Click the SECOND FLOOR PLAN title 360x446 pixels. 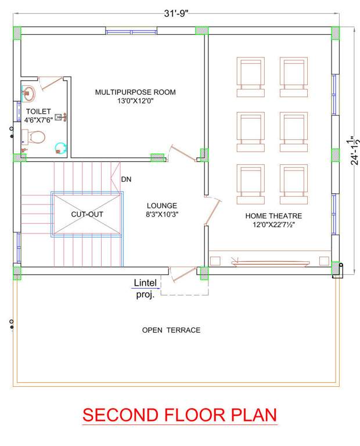pyautogui.click(x=179, y=415)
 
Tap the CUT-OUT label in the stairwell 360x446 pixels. pyautogui.click(x=87, y=214)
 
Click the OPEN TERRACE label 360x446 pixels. pyautogui.click(x=171, y=330)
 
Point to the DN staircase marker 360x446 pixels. pyautogui.click(x=126, y=179)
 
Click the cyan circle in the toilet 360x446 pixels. pyautogui.click(x=60, y=148)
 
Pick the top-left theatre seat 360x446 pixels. pyautogui.click(x=250, y=76)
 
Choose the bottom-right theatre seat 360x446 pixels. pyautogui.click(x=293, y=184)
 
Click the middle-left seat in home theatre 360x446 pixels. pyautogui.click(x=250, y=130)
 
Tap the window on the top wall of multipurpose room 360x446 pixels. pyautogui.click(x=131, y=31)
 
